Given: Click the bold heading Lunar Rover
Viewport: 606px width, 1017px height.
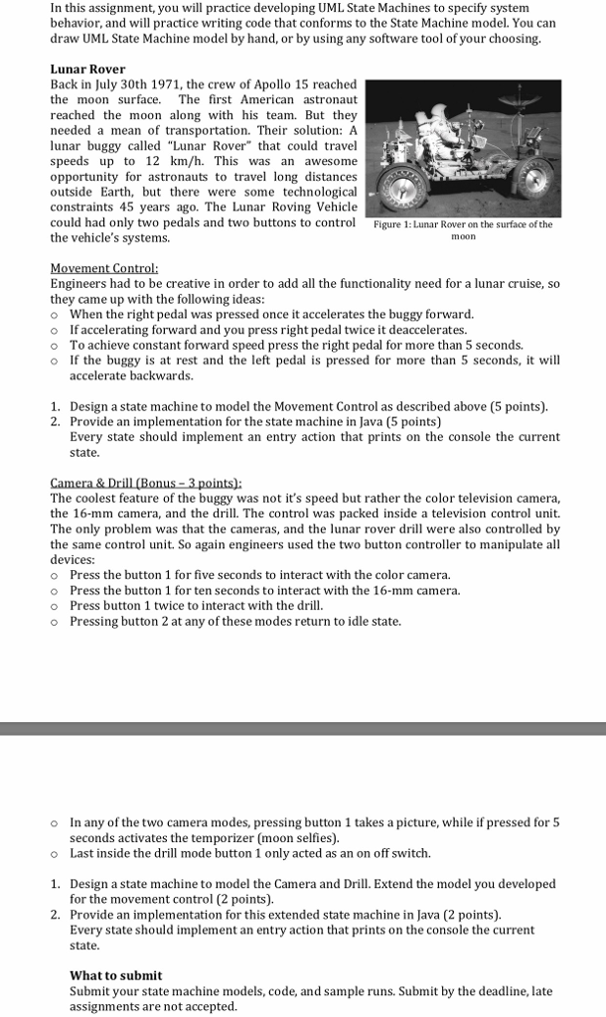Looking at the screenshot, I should [x=87, y=70].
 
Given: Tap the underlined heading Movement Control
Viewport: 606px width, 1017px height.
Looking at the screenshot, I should [x=103, y=268].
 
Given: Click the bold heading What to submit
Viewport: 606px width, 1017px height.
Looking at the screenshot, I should [x=115, y=975].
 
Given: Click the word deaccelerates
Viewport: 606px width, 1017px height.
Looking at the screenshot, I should [x=423, y=330].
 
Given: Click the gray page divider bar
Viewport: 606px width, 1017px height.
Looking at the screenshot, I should [x=303, y=728].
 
